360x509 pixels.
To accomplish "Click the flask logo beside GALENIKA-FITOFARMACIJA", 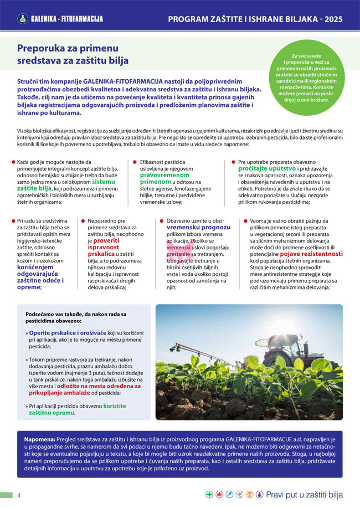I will tap(23, 19).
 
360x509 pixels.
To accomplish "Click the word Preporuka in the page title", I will tap(41, 48).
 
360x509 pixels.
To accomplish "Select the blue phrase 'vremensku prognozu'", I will tap(198, 227).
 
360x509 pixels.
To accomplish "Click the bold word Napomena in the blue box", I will tap(39, 439).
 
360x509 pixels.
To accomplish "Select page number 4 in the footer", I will tap(19, 495).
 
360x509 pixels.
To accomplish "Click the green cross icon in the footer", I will tap(209, 495).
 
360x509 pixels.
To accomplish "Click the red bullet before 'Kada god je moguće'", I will tap(13, 162).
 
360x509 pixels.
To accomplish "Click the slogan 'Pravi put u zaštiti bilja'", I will tap(305, 495).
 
